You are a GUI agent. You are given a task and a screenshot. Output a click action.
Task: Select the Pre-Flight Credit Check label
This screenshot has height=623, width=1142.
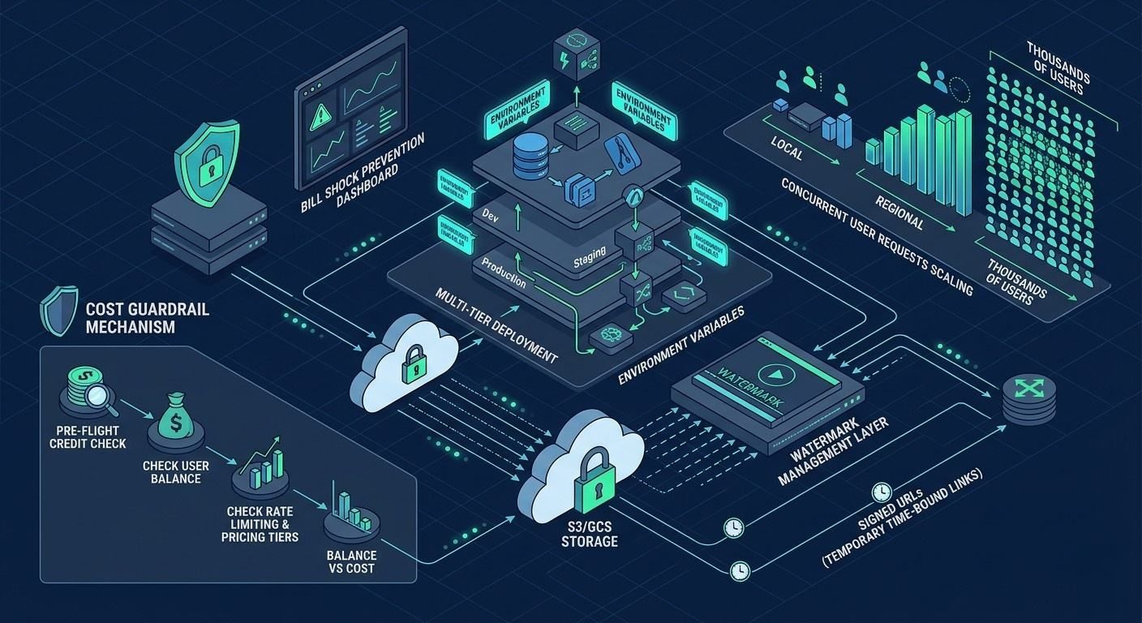(88, 436)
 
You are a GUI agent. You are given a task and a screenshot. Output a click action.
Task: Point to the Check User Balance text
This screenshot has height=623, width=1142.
(176, 472)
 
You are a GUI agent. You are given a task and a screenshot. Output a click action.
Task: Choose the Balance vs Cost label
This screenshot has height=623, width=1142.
(351, 561)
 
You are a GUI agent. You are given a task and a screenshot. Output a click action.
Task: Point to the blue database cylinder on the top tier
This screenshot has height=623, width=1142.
(531, 156)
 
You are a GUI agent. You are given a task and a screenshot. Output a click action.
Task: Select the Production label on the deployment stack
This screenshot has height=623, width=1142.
(504, 274)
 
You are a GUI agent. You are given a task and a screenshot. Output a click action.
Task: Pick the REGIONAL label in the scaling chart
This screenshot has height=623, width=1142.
(899, 210)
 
